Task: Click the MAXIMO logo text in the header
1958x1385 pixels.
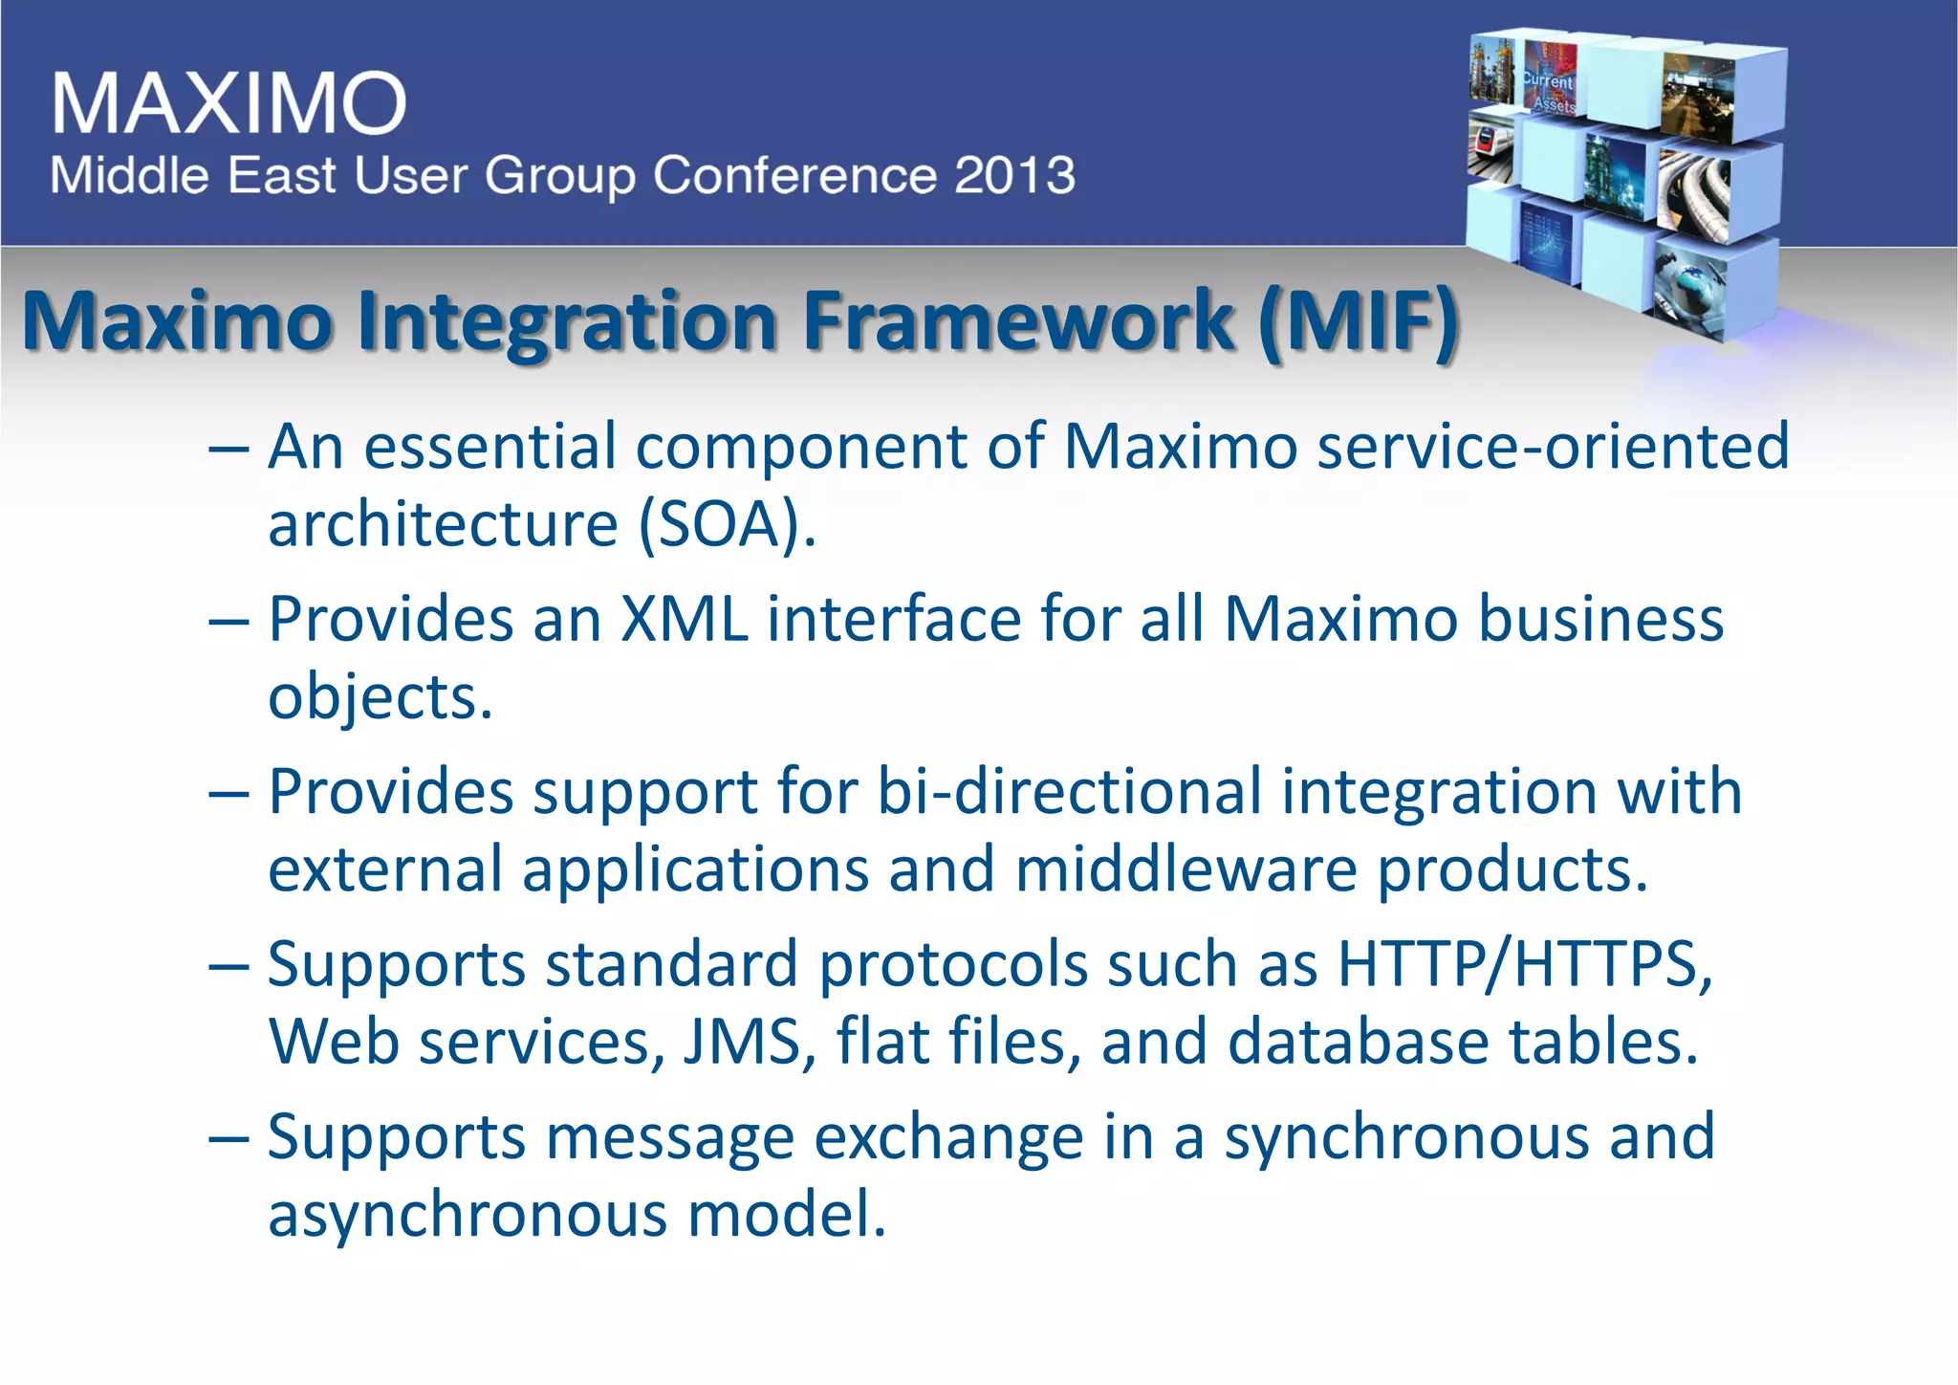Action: coord(229,102)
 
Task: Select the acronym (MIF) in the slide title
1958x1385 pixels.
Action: coord(1358,321)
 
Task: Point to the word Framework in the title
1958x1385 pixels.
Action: coord(1018,321)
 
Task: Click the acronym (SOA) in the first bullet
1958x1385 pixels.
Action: coord(727,525)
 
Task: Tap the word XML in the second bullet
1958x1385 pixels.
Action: coord(684,619)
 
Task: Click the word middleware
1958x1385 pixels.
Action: coord(1186,869)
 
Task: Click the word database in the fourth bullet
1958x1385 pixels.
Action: coord(1358,1042)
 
